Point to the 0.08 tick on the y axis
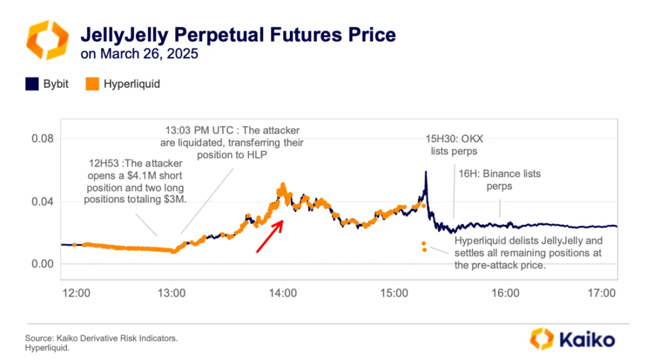pyautogui.click(x=42, y=139)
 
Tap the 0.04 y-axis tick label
pyautogui.click(x=42, y=201)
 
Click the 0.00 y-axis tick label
pyautogui.click(x=42, y=263)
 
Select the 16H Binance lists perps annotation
pyautogui.click(x=499, y=179)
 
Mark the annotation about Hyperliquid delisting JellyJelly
pyautogui.click(x=528, y=253)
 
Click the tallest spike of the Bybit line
pyautogui.click(x=426, y=172)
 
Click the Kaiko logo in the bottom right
pyautogui.click(x=572, y=339)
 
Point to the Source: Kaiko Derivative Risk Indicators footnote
pyautogui.click(x=101, y=339)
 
